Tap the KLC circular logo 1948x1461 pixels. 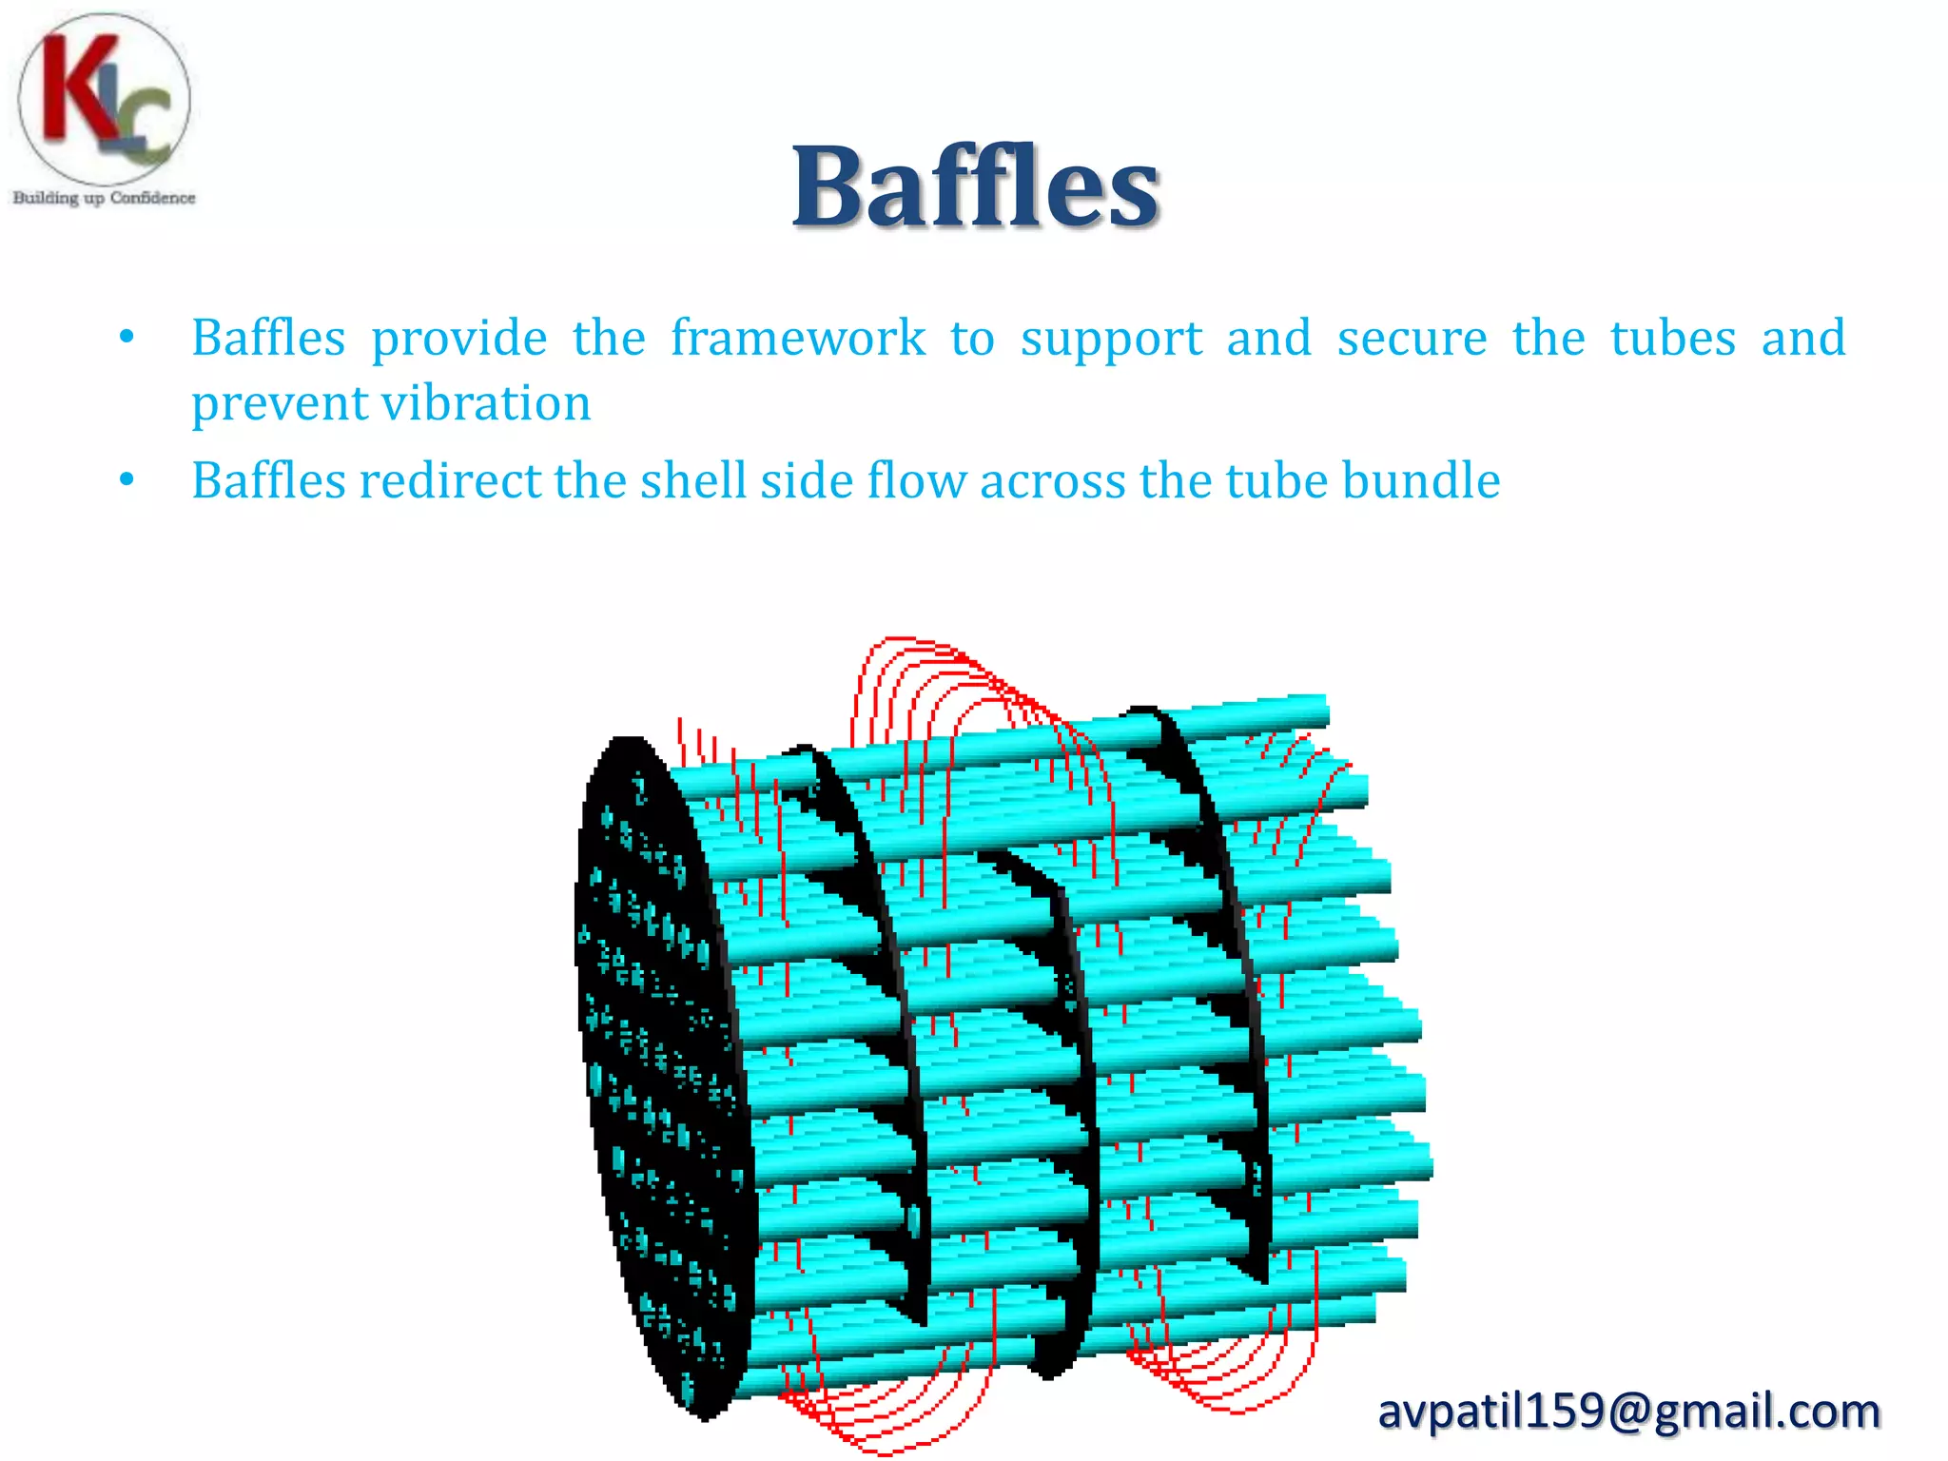pyautogui.click(x=104, y=100)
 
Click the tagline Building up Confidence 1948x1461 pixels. pyautogui.click(x=104, y=198)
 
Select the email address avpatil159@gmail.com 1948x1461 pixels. pyautogui.click(x=1629, y=1411)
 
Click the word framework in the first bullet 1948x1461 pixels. pyautogui.click(x=798, y=338)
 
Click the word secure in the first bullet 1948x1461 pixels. pyautogui.click(x=1412, y=340)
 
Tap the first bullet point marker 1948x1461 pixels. pyautogui.click(x=127, y=337)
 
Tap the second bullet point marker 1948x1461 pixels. pyautogui.click(x=127, y=479)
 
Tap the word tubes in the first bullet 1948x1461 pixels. pyautogui.click(x=1673, y=338)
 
